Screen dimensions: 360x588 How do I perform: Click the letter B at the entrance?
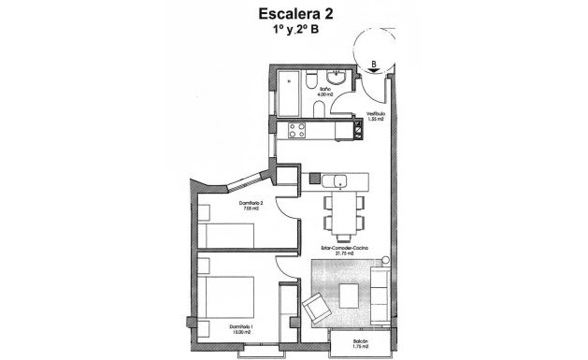(373, 65)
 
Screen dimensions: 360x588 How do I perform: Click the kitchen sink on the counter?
(338, 180)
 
